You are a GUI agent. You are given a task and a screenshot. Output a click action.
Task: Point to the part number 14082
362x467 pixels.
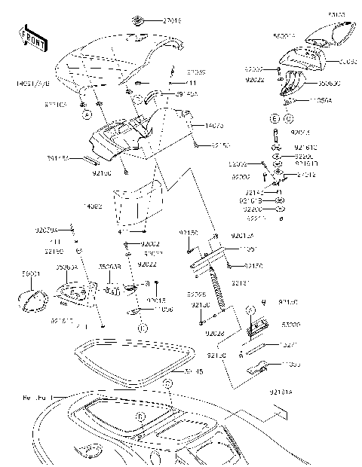[94, 205]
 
